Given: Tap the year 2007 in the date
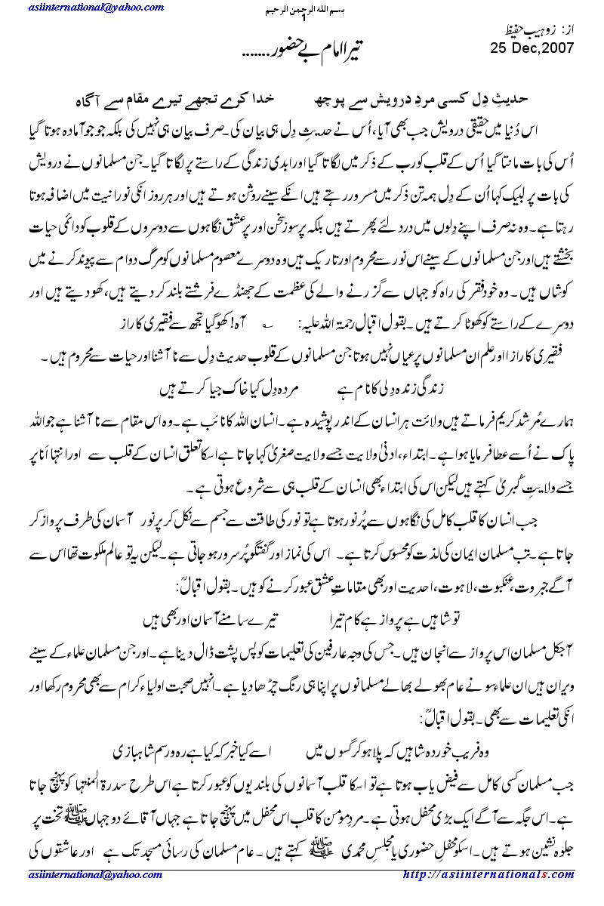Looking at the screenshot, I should pos(559,48).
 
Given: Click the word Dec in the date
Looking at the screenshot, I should pos(520,48).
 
